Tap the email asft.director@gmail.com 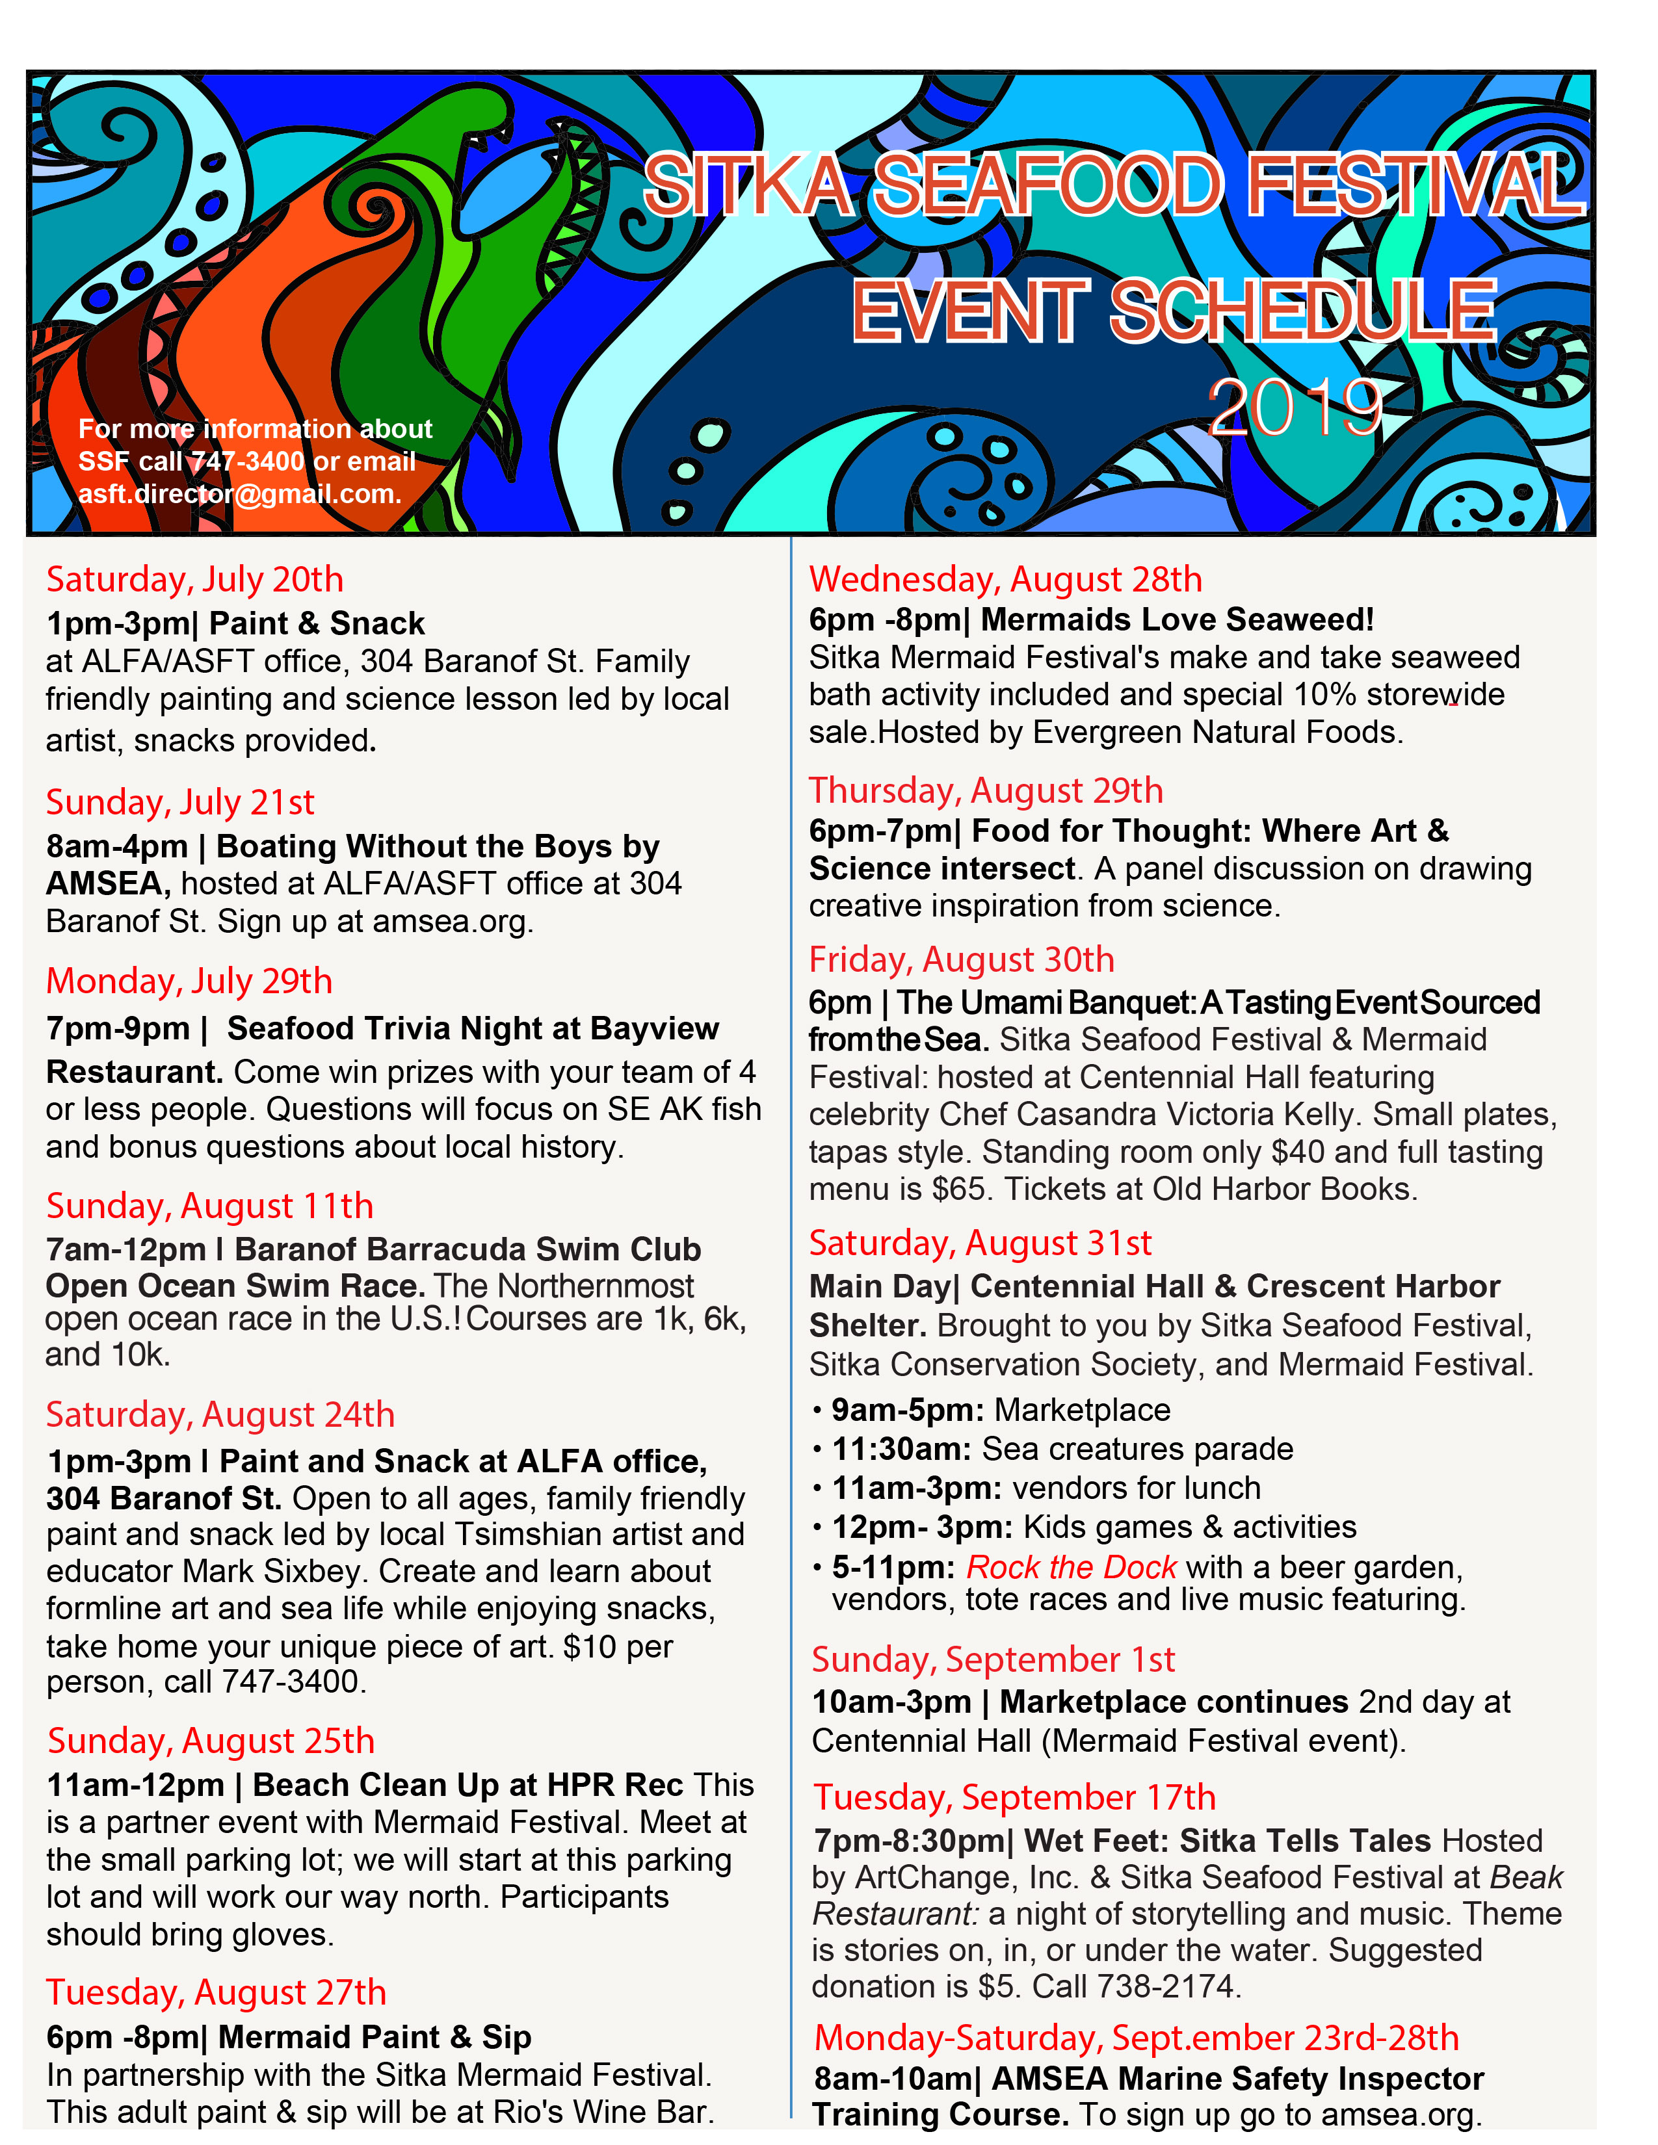click(240, 493)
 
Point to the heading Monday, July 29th click(190, 981)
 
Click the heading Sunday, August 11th click(210, 1205)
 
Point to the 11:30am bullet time click(902, 1449)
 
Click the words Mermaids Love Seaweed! click(1177, 619)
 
